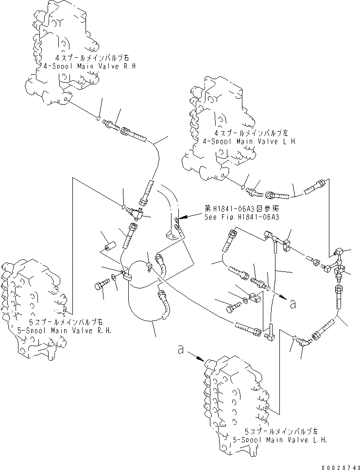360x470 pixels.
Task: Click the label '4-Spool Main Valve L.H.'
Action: point(255,141)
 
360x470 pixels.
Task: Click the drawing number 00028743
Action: point(339,465)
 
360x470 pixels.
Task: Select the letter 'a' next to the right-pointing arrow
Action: point(292,304)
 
